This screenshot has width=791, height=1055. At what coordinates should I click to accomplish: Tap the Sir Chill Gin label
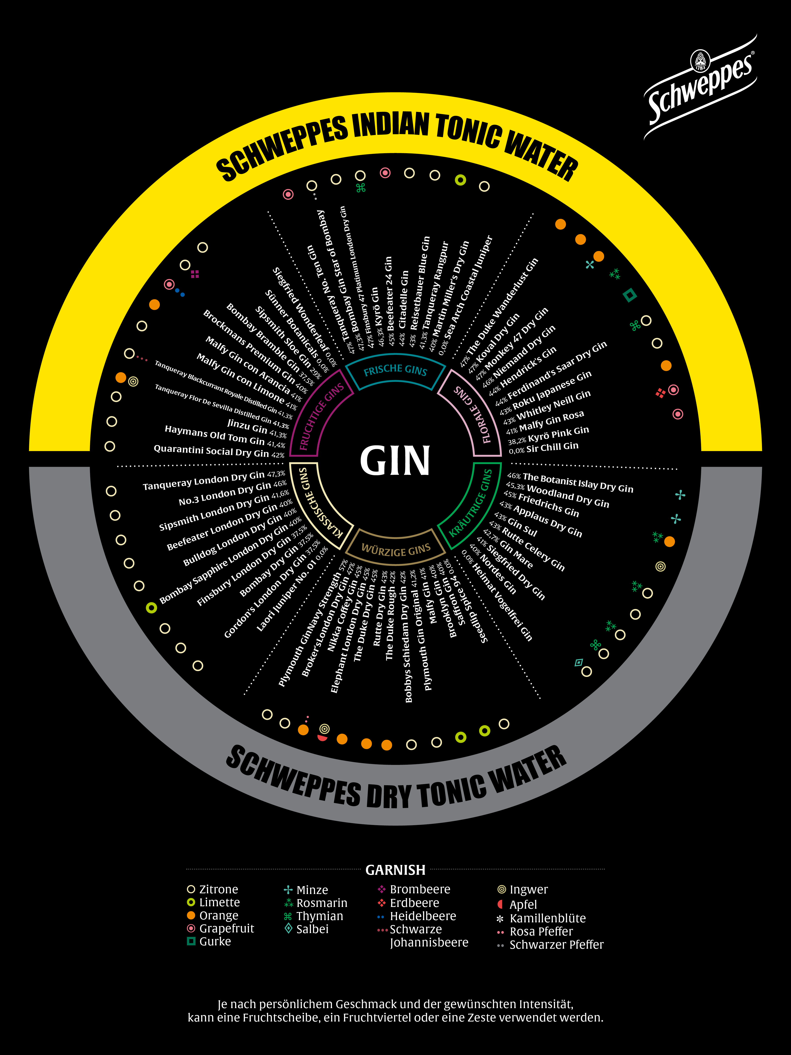[x=552, y=447]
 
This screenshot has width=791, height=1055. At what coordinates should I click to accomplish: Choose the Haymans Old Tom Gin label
[x=215, y=435]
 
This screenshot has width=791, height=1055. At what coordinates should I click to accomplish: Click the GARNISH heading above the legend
[x=395, y=869]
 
